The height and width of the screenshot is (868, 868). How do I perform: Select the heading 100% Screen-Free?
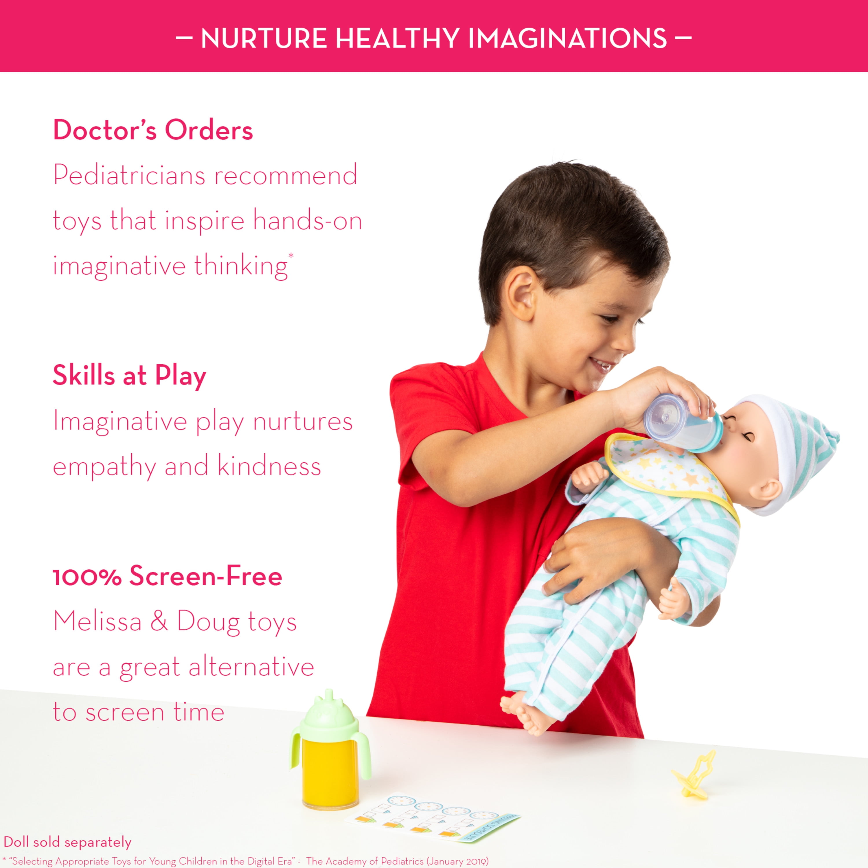[168, 576]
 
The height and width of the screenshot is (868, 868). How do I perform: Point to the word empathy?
[104, 467]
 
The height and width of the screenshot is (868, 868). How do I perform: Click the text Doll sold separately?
[67, 842]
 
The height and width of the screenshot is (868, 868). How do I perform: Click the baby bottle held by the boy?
[683, 422]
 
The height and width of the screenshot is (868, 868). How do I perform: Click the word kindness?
[269, 466]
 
